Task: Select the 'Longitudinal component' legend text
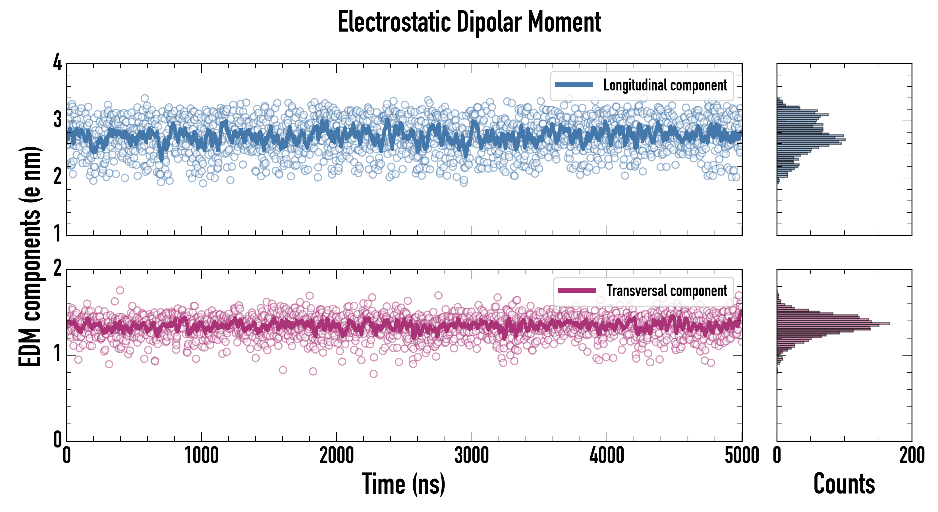665,85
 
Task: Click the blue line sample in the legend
574,85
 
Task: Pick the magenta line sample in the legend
577,290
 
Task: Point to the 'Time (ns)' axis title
403,484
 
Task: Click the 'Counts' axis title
844,484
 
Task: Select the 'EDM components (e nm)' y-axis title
30,257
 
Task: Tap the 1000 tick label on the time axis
201,455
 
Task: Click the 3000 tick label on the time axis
472,455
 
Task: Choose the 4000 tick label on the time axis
607,455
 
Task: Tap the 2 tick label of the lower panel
57,269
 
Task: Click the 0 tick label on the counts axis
777,455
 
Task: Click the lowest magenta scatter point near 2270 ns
373,374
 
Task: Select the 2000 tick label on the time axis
337,455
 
